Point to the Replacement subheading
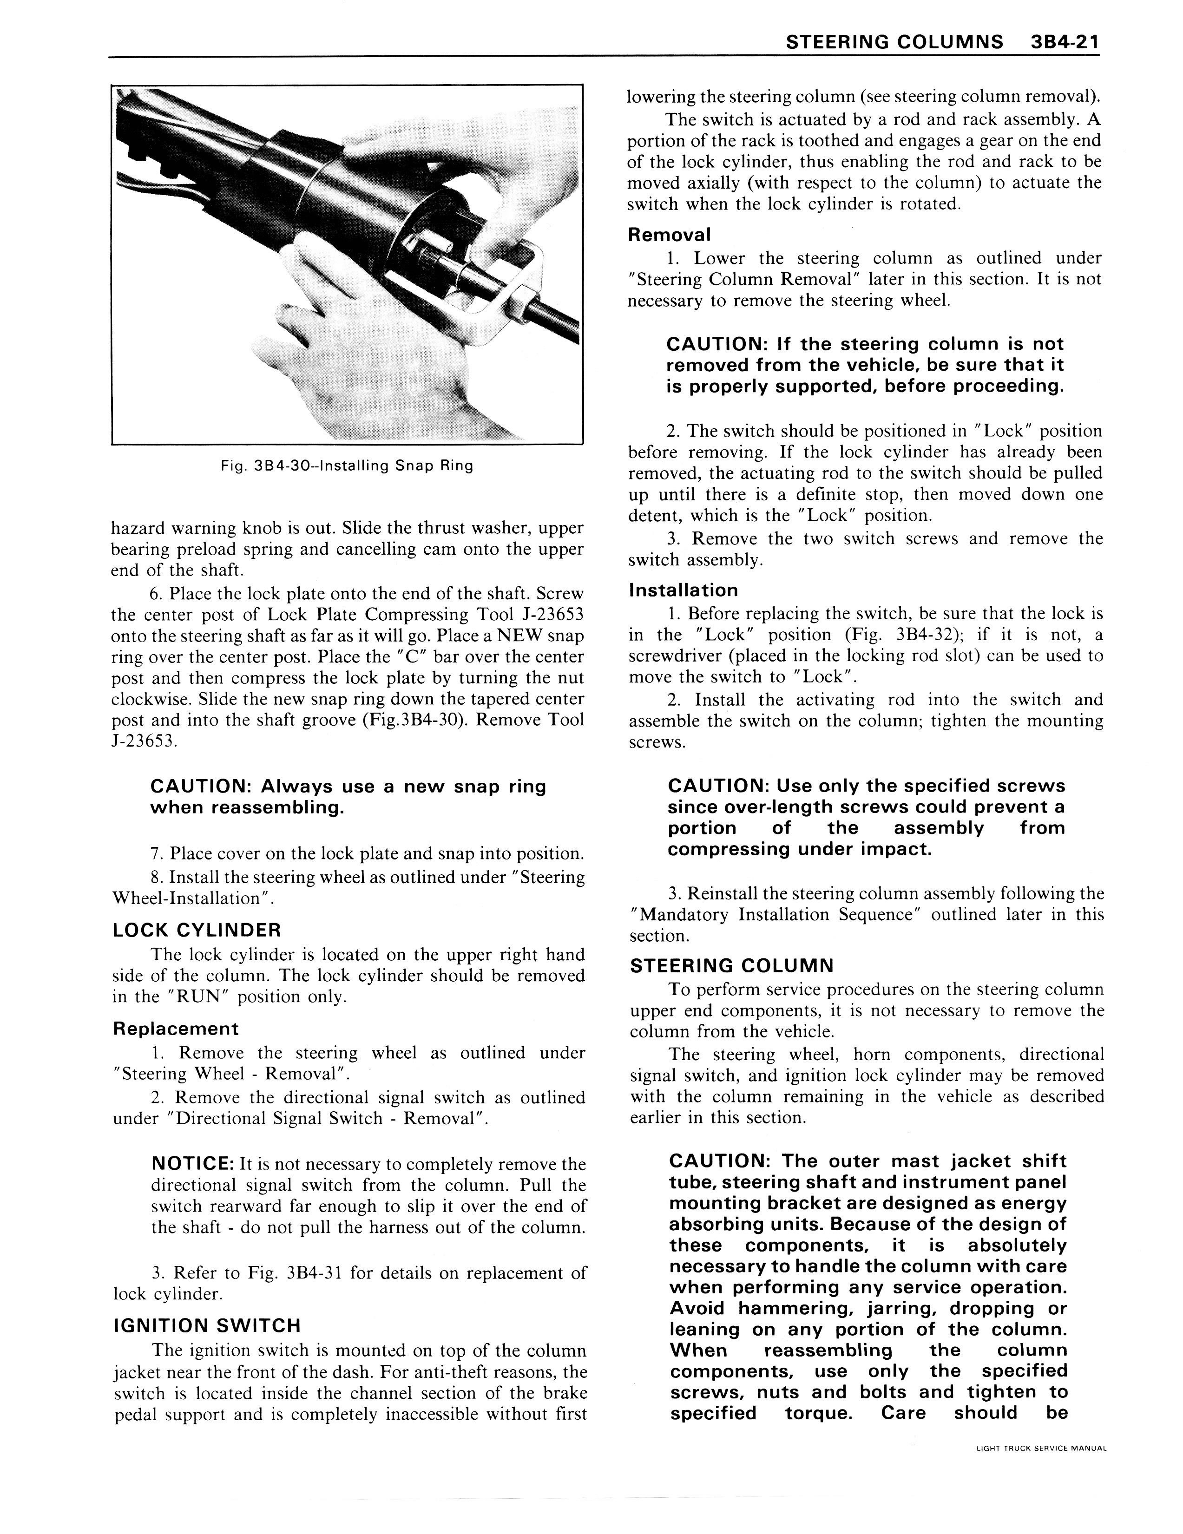point(176,1029)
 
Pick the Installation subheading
point(684,590)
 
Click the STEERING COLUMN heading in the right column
point(731,966)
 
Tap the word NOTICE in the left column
point(192,1165)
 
